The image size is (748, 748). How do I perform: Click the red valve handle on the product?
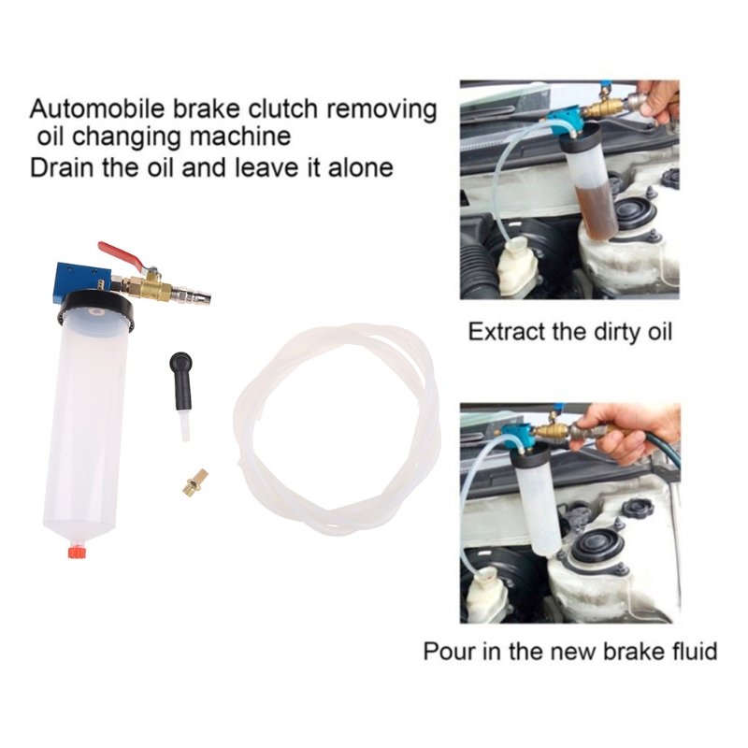(x=122, y=254)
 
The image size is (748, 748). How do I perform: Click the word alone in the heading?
(x=361, y=167)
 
